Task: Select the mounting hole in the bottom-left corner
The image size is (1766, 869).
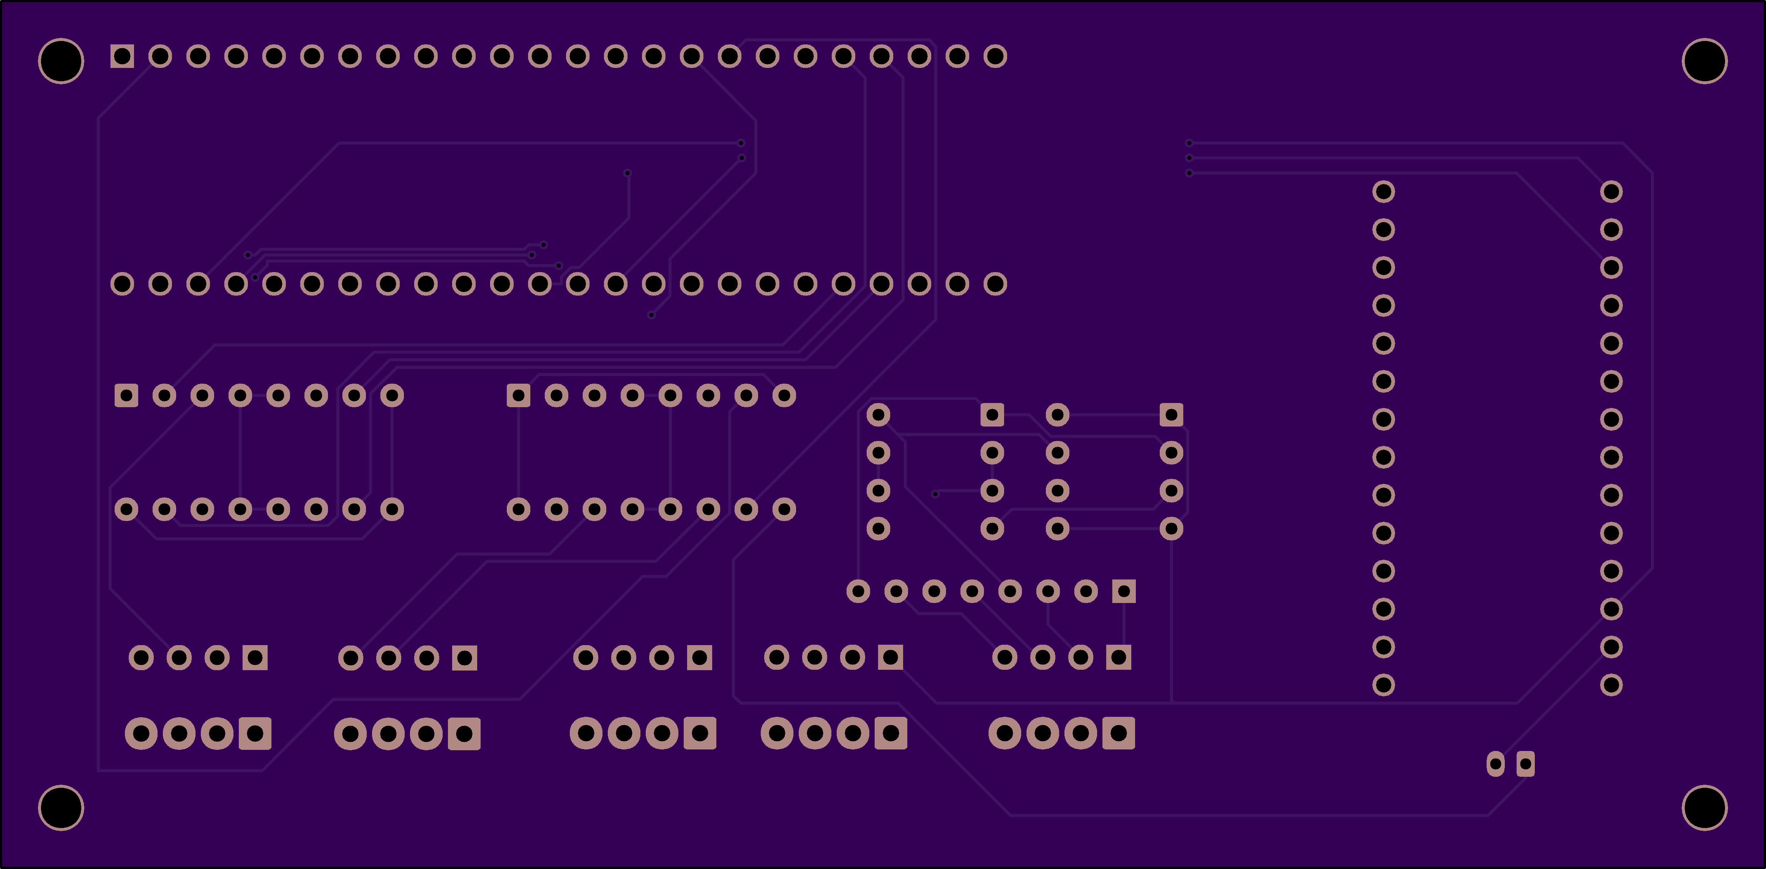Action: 61,807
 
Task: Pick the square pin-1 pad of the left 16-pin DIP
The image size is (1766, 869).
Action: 126,395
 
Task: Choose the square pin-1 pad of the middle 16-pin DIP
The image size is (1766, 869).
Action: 518,395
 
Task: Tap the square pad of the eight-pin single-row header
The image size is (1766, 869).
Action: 1124,591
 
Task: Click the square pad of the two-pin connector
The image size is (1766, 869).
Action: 1525,764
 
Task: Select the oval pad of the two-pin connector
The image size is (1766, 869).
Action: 1495,764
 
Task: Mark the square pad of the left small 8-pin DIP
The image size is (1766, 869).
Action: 992,415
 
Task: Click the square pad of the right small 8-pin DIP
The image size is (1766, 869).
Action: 1171,415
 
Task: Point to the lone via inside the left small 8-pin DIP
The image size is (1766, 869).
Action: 935,493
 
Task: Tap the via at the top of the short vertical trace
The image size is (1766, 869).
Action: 627,173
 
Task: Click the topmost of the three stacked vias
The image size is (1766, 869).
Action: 1189,143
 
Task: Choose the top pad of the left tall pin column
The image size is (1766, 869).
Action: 1383,191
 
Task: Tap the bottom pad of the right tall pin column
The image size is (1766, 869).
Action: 1611,685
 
